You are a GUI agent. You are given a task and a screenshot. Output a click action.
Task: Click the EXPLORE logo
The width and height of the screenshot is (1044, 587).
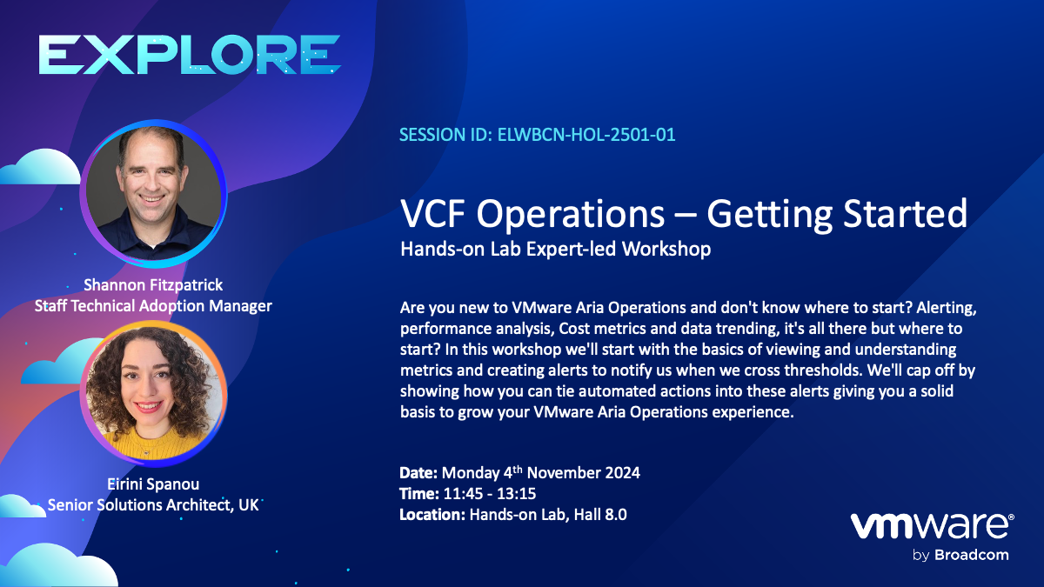(x=190, y=55)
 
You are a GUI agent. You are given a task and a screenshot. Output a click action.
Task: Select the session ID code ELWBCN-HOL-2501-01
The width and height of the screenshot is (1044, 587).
(x=586, y=135)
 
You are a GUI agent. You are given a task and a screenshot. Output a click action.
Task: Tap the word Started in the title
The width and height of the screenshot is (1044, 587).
(x=906, y=214)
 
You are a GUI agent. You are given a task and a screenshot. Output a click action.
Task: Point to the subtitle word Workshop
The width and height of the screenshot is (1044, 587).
(x=666, y=249)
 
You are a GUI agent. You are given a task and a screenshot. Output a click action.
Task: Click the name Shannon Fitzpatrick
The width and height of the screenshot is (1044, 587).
(x=153, y=284)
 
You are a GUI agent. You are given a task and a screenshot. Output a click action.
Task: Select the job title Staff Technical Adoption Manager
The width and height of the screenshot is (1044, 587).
(x=153, y=306)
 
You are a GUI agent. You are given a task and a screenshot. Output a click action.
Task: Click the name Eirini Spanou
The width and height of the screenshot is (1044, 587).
(x=153, y=484)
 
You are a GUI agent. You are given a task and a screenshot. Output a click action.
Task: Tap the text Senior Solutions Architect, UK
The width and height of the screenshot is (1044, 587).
(x=153, y=505)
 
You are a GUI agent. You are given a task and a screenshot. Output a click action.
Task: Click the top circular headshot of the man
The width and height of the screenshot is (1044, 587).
(x=153, y=194)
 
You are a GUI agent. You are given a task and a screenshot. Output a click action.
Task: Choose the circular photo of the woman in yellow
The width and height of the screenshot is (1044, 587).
(x=153, y=393)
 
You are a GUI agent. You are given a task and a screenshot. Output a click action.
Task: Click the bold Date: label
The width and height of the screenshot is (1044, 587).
(x=418, y=473)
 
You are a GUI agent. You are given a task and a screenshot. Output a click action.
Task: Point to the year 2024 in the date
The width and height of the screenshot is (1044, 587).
(x=622, y=473)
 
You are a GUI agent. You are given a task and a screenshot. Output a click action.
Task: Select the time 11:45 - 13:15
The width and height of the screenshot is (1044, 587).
(x=489, y=494)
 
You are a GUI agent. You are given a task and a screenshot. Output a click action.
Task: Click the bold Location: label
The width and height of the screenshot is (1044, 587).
(x=432, y=515)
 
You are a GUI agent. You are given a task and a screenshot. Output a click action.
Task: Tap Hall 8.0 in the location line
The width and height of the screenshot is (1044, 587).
(x=600, y=515)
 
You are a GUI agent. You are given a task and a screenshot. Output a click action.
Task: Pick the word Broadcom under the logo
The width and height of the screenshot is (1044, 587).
(x=971, y=556)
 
